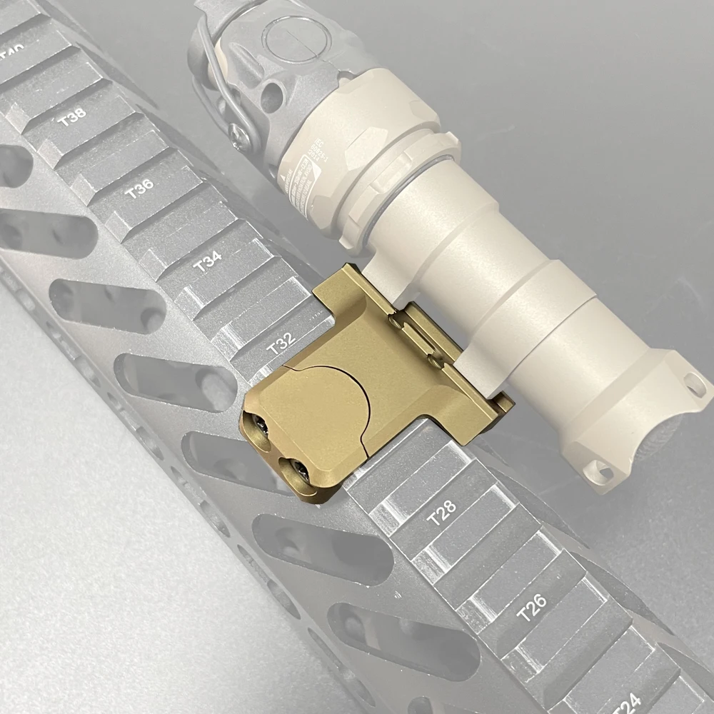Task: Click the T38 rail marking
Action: pos(72,118)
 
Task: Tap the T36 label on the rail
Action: pos(139,188)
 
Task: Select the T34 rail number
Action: pos(207,261)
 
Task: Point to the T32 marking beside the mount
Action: pos(281,344)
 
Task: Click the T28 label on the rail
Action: pos(441,513)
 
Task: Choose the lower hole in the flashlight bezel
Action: pos(602,469)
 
